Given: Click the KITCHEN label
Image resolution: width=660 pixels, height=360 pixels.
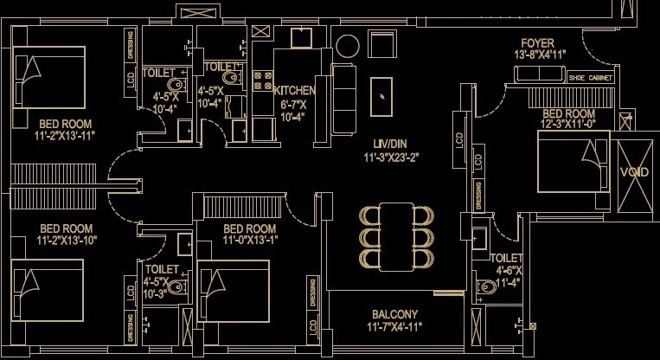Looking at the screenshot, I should [x=295, y=90].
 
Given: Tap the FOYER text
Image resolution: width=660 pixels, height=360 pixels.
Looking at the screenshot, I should [x=537, y=43].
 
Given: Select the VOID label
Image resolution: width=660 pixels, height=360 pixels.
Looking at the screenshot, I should [x=635, y=172].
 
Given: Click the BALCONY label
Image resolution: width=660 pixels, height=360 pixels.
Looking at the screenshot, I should [x=395, y=314].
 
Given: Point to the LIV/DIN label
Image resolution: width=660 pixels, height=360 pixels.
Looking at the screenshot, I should [x=390, y=143].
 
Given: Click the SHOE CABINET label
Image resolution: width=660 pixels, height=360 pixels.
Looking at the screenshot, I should [x=591, y=78].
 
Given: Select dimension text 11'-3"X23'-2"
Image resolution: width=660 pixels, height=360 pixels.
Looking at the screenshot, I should [x=390, y=157].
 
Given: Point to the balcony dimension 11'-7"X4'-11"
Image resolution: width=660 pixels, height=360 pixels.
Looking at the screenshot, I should [x=395, y=327].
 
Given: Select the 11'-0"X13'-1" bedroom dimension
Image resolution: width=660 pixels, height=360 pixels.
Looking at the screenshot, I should [x=250, y=241].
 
